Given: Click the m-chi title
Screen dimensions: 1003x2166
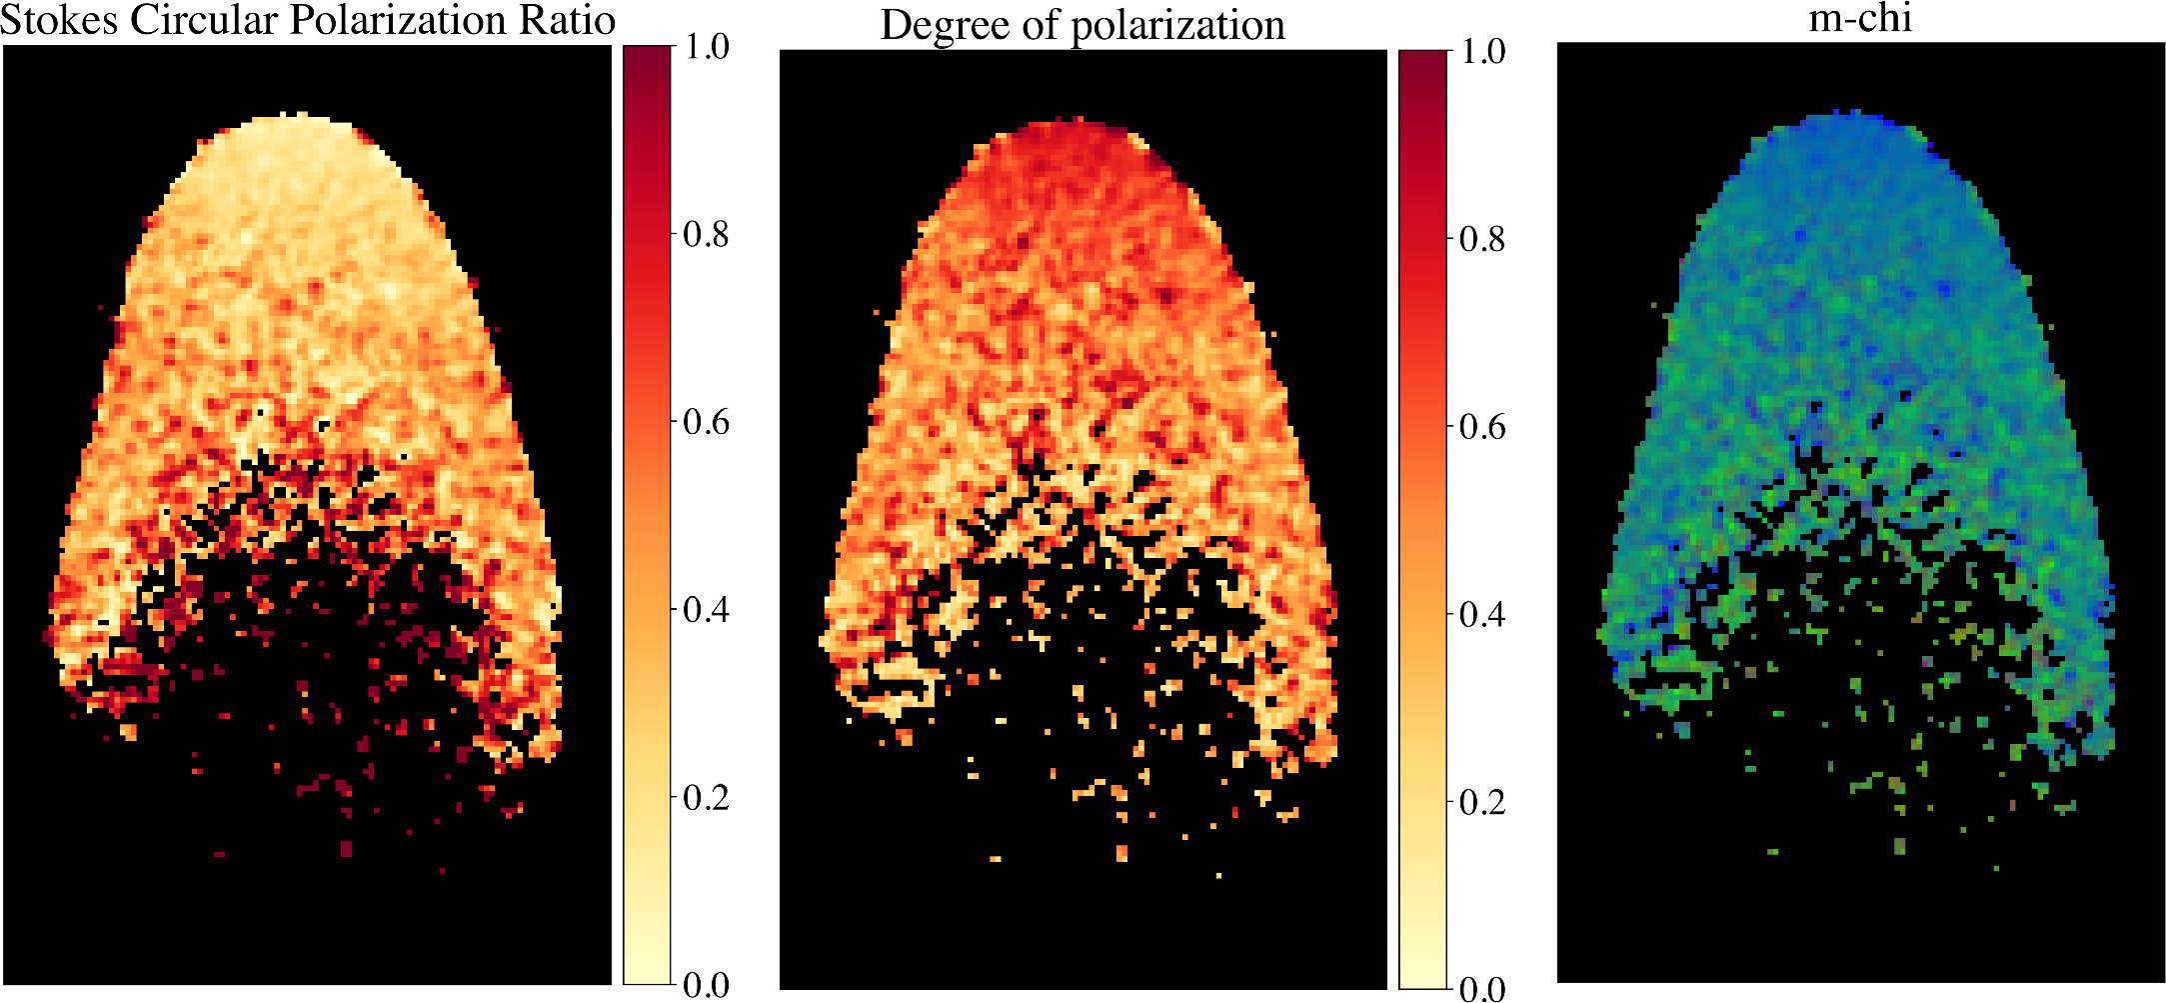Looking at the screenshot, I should click(1860, 19).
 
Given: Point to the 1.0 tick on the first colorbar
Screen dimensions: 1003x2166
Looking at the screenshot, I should click(706, 47).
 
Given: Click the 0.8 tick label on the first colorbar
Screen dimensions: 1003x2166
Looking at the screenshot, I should click(706, 235).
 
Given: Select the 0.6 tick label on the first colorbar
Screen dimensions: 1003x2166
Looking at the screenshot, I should click(706, 423).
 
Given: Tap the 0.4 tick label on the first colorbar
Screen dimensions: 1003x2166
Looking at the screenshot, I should click(706, 610).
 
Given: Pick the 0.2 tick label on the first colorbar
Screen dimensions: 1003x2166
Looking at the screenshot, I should click(706, 798).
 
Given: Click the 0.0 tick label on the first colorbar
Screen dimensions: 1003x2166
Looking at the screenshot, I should click(706, 985).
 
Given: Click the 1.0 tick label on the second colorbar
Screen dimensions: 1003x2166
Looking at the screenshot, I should click(1482, 51).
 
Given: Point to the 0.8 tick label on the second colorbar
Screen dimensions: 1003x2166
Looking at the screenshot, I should click(1482, 239).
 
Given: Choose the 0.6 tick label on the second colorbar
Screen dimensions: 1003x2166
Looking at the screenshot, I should click(1482, 427).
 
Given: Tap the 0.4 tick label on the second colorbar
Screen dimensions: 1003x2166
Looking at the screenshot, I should click(1482, 614).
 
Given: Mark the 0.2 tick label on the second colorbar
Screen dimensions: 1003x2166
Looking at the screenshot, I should click(1482, 802).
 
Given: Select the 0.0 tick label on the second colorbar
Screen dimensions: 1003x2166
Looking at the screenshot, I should click(1482, 989).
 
